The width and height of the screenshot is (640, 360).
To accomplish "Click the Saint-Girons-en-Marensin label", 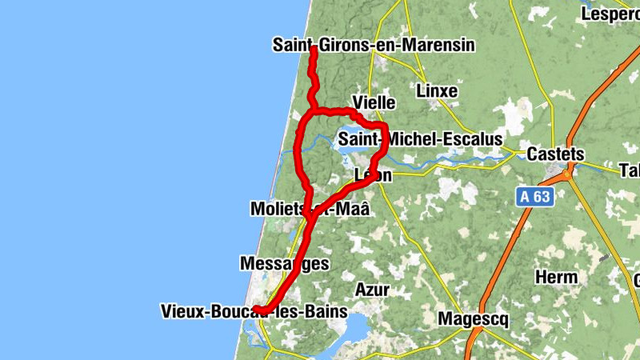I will (374, 45).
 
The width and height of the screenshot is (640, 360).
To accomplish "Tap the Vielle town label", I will (374, 102).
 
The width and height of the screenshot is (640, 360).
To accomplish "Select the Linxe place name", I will (437, 91).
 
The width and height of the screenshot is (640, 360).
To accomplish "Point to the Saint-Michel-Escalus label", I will (420, 139).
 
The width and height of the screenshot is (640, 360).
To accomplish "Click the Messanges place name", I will (284, 263).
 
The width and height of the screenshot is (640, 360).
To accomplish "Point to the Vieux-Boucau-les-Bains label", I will (253, 310).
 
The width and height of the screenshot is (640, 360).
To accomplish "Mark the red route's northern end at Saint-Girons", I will (314, 50).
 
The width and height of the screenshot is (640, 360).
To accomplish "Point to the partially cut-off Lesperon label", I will (610, 14).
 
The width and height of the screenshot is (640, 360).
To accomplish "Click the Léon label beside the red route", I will (373, 174).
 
